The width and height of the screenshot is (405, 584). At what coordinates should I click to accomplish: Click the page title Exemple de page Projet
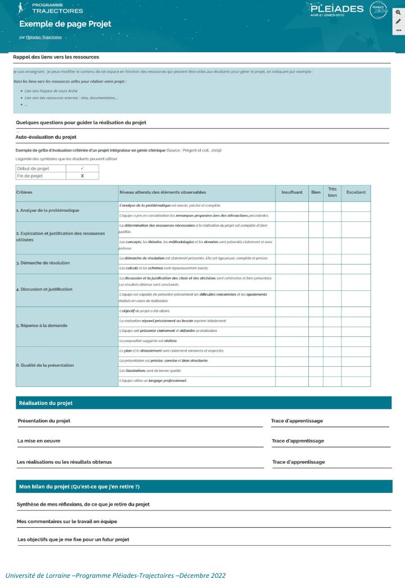[65, 24]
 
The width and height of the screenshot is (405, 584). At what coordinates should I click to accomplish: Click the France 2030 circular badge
[379, 10]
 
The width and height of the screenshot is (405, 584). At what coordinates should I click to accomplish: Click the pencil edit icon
[398, 21]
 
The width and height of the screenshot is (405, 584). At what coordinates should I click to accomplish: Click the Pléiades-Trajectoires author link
[44, 38]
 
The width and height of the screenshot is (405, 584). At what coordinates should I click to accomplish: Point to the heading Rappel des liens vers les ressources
[56, 57]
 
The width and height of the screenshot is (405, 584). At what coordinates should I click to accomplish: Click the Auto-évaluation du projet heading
[46, 136]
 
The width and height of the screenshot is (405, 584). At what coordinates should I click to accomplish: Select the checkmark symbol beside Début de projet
[82, 168]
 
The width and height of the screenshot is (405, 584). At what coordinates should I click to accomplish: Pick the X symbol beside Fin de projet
[82, 176]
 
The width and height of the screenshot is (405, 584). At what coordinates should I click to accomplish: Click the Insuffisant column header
[291, 193]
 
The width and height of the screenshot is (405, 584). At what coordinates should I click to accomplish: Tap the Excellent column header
[355, 193]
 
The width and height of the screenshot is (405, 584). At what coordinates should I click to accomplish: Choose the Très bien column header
[332, 193]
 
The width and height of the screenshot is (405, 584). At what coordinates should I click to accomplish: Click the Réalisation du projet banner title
[46, 403]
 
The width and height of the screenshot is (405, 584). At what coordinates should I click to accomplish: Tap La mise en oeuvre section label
[39, 441]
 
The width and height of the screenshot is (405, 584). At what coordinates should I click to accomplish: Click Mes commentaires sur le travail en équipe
[67, 522]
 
